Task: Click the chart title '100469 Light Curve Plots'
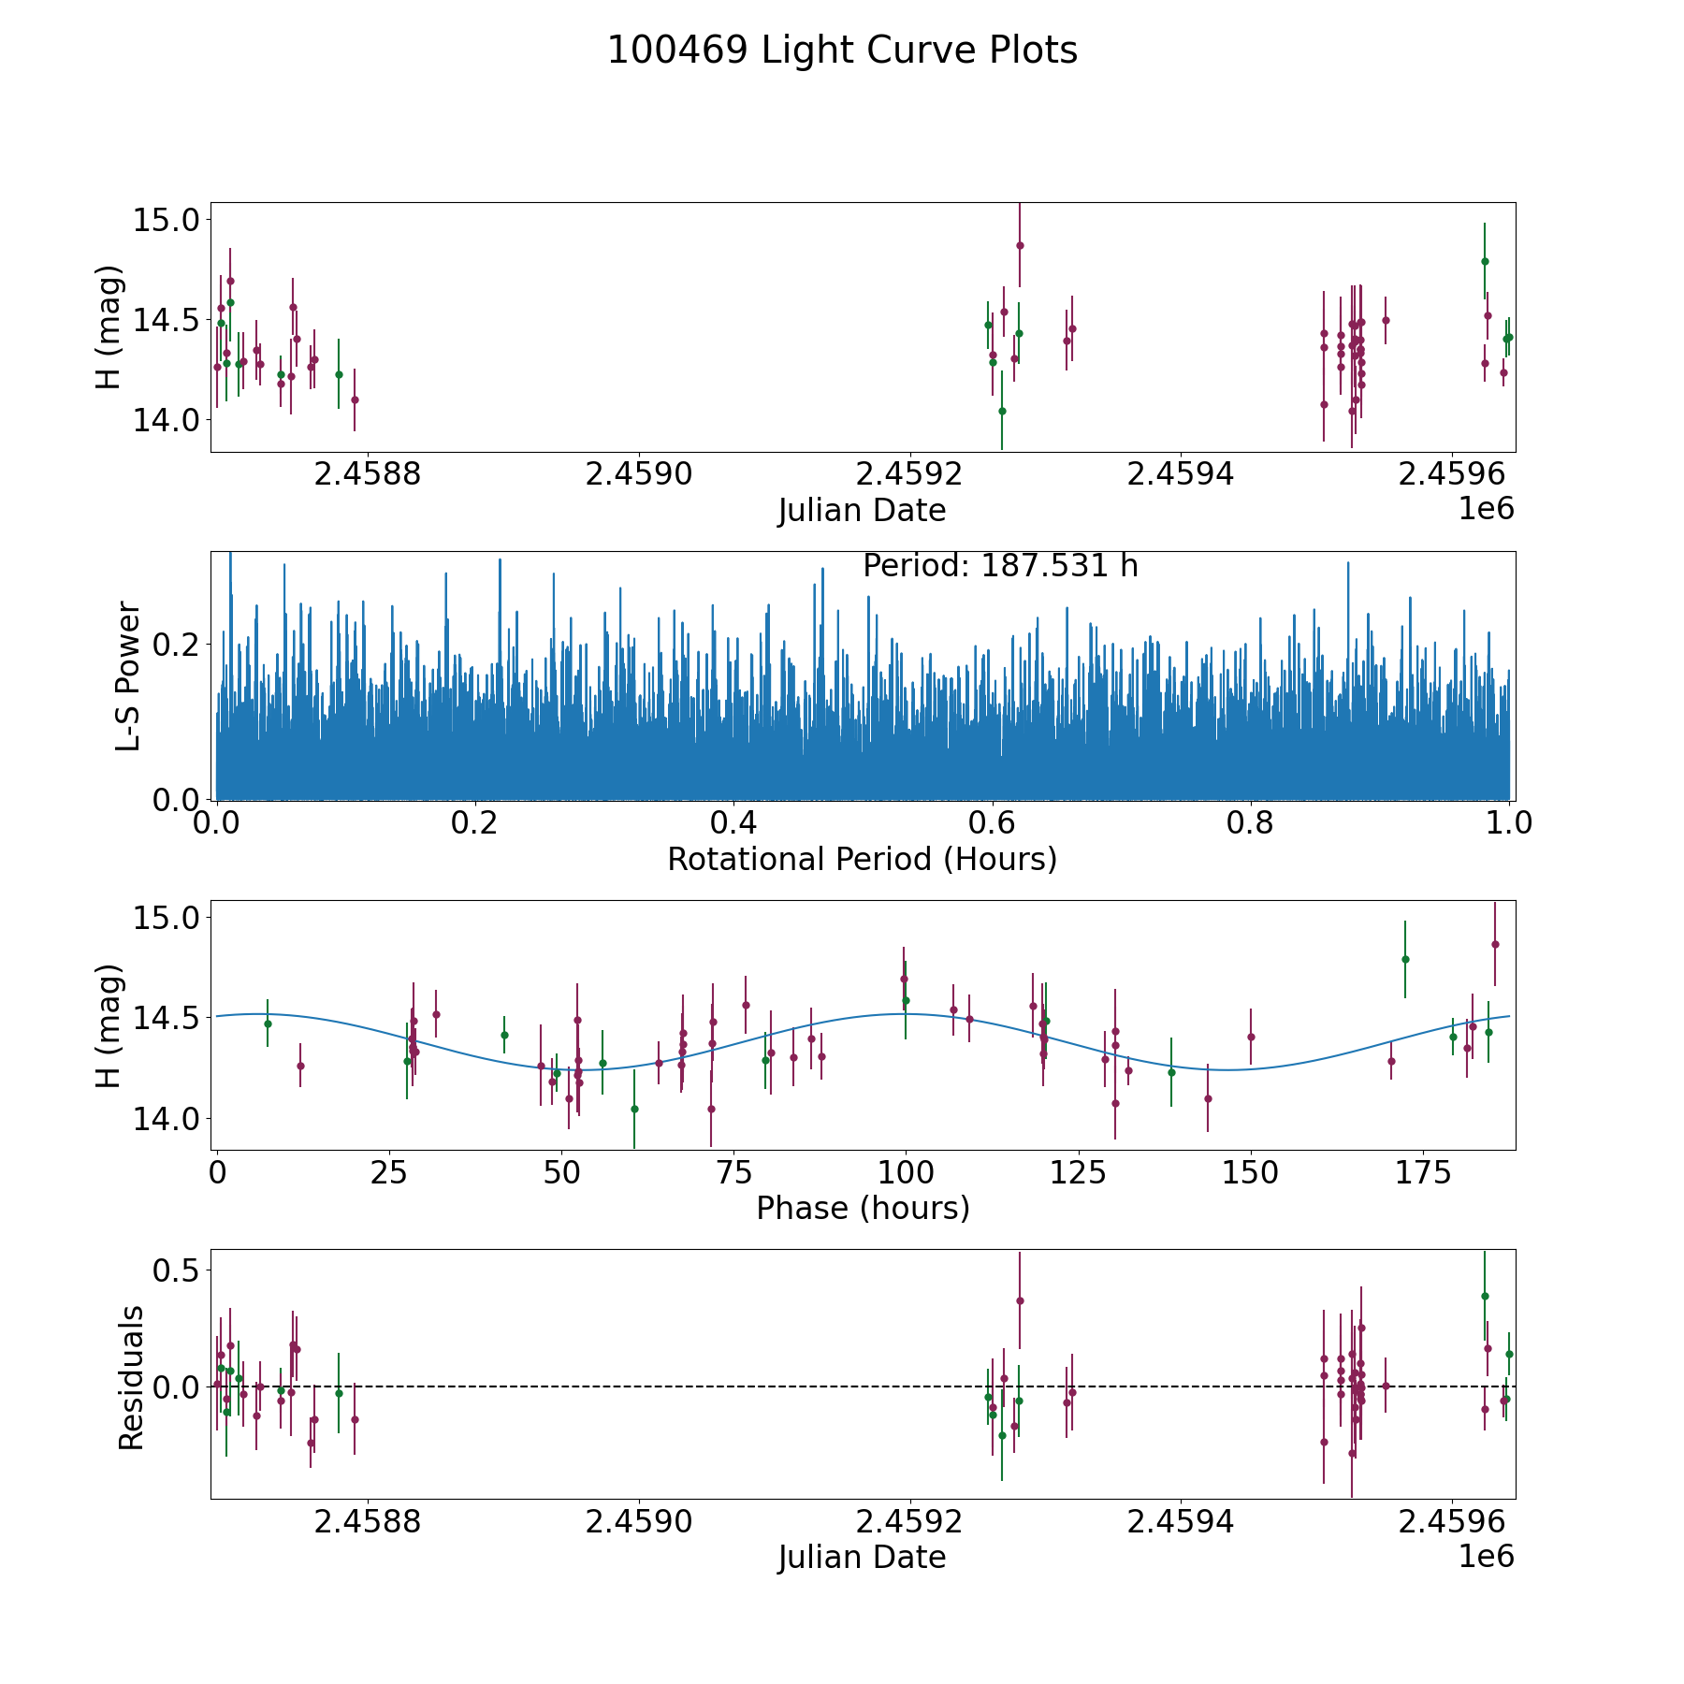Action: (x=842, y=51)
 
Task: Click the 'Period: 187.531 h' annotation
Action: (x=1000, y=566)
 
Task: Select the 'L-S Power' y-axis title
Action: (x=128, y=675)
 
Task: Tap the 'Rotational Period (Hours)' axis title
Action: (x=862, y=859)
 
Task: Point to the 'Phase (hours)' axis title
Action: (x=862, y=1208)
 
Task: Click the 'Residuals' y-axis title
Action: (x=131, y=1377)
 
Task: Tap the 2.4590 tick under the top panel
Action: (x=639, y=475)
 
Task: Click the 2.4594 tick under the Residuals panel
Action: (x=1181, y=1522)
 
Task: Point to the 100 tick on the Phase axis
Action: (x=906, y=1173)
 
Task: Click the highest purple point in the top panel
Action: (x=1020, y=245)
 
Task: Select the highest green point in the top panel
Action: (x=1485, y=261)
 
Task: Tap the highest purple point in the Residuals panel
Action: (x=1020, y=1300)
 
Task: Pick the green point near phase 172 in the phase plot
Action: (x=1405, y=959)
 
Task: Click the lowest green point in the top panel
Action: (x=1002, y=411)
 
